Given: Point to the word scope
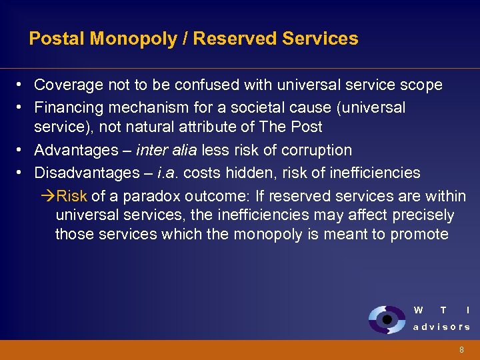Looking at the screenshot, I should [x=423, y=85].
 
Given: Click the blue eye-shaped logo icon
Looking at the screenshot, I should [x=386, y=319].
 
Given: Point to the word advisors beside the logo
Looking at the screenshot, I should [x=441, y=327].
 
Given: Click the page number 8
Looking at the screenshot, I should [x=461, y=350].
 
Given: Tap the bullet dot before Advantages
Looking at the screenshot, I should [x=21, y=151].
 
